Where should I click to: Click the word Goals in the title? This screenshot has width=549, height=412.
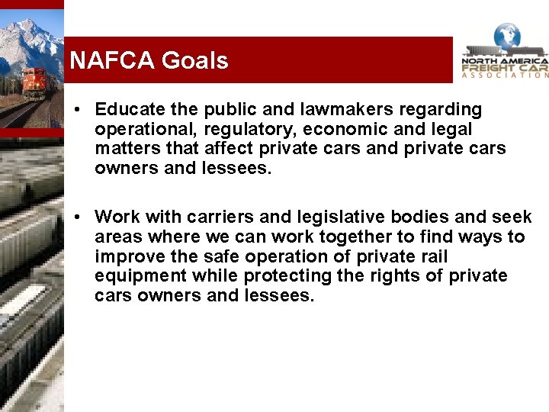point(194,60)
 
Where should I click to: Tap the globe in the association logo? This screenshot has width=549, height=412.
point(506,36)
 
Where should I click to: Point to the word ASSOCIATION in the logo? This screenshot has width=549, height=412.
point(506,75)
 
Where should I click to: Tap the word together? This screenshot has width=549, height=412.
point(362,237)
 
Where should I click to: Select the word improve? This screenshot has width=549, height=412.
point(125,256)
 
